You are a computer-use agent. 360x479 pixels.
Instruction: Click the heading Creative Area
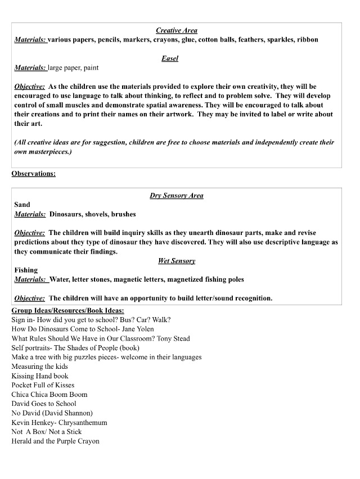coord(176,30)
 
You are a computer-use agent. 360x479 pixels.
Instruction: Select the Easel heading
coord(169,58)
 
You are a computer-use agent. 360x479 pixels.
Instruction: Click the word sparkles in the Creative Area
coord(286,40)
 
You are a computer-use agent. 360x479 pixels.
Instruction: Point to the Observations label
coord(34,174)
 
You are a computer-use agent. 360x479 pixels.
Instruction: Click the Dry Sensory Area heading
coord(176,196)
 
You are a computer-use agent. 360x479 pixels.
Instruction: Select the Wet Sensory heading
coord(176,261)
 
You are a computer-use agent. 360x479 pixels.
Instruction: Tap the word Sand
coord(22,205)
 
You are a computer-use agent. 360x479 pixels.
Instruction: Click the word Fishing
coord(26,270)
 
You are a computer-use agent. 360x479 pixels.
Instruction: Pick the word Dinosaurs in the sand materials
coord(68,214)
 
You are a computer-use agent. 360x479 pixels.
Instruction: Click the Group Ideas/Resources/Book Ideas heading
coord(68,310)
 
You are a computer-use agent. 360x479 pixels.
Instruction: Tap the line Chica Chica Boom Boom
coord(49,394)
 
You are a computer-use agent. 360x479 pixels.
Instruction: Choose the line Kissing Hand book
coord(40,376)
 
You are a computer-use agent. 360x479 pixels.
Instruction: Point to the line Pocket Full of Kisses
coord(43,385)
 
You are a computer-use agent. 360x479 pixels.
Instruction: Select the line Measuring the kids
coord(39,367)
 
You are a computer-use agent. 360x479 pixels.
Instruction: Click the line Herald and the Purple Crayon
coord(56,441)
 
